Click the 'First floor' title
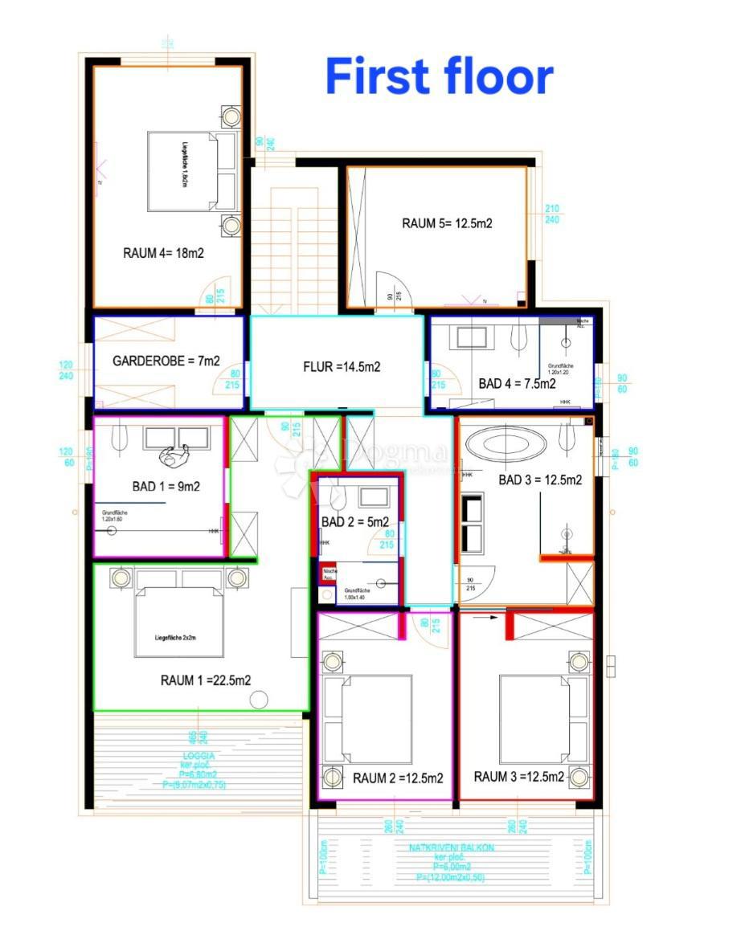pos(439,77)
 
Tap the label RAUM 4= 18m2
pos(163,252)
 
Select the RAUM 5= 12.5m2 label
pos(447,223)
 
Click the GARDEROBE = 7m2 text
pos(166,361)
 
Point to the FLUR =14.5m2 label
pos(341,367)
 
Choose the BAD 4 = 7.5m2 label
pos(518,384)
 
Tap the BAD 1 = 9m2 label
pos(166,486)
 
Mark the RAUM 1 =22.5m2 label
pos(206,680)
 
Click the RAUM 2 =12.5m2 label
pos(398,778)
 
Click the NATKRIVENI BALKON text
pos(452,847)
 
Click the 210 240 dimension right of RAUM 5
pos(552,214)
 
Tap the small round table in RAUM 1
pos(258,700)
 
